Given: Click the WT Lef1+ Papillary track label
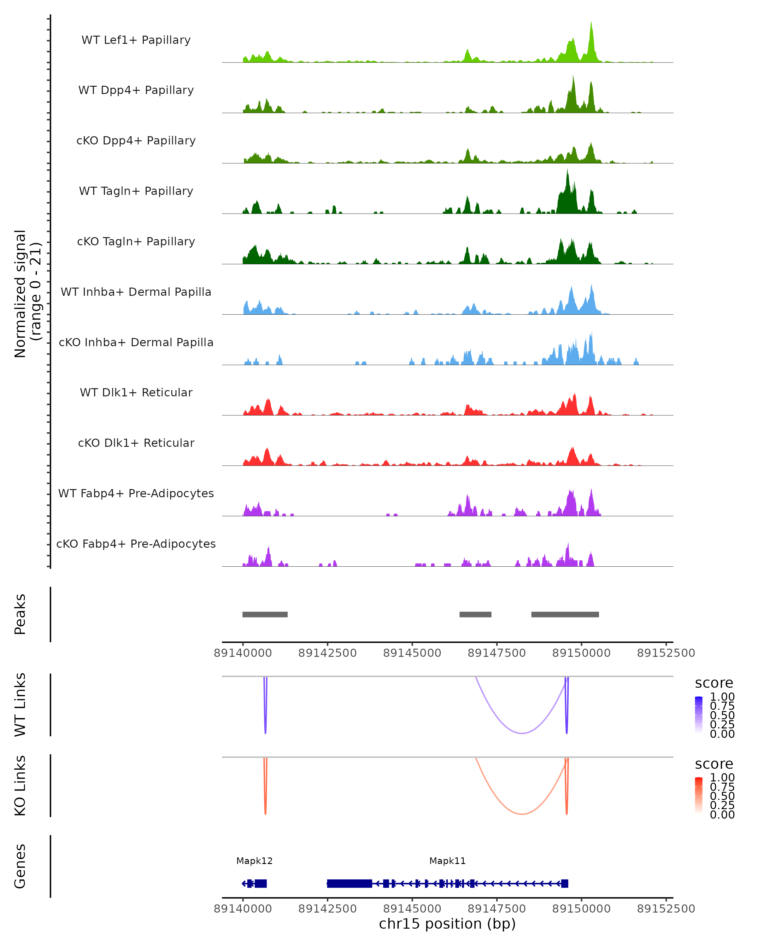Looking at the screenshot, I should [136, 40].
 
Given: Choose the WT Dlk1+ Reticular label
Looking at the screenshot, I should [136, 392].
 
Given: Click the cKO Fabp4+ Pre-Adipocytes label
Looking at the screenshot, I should [136, 544].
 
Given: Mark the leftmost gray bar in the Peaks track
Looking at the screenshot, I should [265, 614].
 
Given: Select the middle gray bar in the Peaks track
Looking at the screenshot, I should [475, 614].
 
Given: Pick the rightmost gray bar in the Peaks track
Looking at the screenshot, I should [565, 614].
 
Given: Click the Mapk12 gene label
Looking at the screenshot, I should [255, 861].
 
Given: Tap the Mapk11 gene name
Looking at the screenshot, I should [447, 861].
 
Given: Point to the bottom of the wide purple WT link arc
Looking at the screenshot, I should [522, 733].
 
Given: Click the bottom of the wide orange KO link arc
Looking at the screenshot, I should [522, 814].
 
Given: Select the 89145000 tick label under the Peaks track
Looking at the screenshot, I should [412, 653].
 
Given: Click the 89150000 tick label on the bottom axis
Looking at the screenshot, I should [581, 909].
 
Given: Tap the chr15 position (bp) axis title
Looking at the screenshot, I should [447, 924].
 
